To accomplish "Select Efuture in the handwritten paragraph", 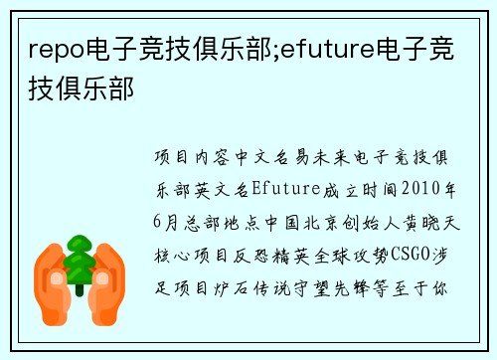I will [x=285, y=187].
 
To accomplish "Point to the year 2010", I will [x=420, y=187].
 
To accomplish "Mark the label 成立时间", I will [x=353, y=187].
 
